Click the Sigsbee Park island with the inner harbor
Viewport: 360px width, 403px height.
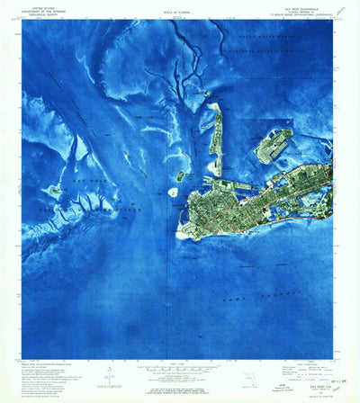coord(274,144)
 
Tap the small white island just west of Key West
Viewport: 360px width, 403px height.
coord(174,192)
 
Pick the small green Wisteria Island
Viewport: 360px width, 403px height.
coord(181,176)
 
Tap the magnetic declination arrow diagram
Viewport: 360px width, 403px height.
coord(107,371)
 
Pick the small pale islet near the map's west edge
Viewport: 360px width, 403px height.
coord(55,191)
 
